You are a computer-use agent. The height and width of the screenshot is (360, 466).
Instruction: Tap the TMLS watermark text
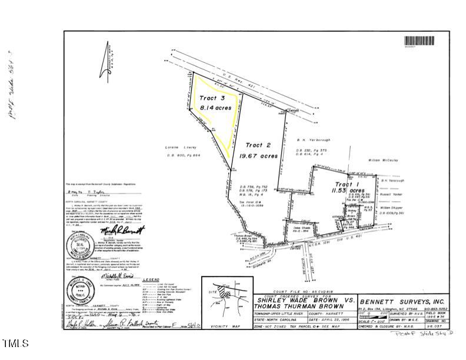pyautogui.click(x=11, y=342)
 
